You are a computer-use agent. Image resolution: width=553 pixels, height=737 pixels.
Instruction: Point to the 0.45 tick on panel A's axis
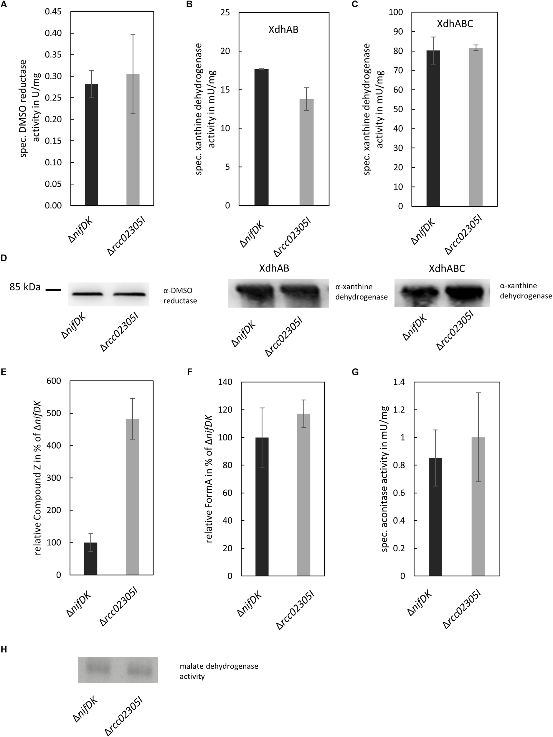(x=53, y=12)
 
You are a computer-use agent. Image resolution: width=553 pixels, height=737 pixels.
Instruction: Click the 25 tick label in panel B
(x=225, y=13)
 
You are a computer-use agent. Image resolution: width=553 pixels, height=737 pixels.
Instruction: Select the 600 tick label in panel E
(x=54, y=381)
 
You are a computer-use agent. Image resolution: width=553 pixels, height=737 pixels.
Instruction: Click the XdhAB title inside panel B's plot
(x=283, y=30)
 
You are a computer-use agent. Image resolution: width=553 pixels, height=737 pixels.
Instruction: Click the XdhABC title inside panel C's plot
(x=455, y=24)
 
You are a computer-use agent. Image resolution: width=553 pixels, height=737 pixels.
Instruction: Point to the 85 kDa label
(x=25, y=287)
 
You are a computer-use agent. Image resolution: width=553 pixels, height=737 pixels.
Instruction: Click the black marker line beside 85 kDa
(x=53, y=290)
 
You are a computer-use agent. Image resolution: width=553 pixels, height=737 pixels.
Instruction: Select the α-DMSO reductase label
(x=180, y=295)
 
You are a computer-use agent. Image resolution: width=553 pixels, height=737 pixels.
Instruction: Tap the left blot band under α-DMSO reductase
(x=87, y=294)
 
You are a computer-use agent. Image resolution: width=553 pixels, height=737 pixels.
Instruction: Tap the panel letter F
(x=190, y=372)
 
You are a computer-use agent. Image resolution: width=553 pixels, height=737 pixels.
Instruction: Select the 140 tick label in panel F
(x=225, y=382)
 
